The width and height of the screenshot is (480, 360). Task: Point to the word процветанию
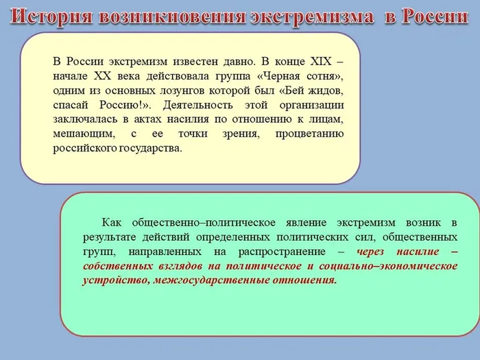(x=309, y=134)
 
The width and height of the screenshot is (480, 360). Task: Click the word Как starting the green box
(x=112, y=223)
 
